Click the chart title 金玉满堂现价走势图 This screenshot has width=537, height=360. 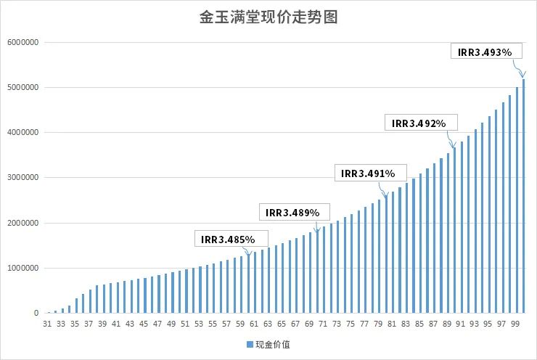(x=268, y=17)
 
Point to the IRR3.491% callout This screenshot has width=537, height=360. (x=368, y=173)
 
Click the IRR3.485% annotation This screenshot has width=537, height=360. (x=229, y=239)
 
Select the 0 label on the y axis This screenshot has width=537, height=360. (x=36, y=314)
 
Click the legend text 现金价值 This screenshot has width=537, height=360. (x=273, y=344)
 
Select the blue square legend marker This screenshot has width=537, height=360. (x=248, y=344)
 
